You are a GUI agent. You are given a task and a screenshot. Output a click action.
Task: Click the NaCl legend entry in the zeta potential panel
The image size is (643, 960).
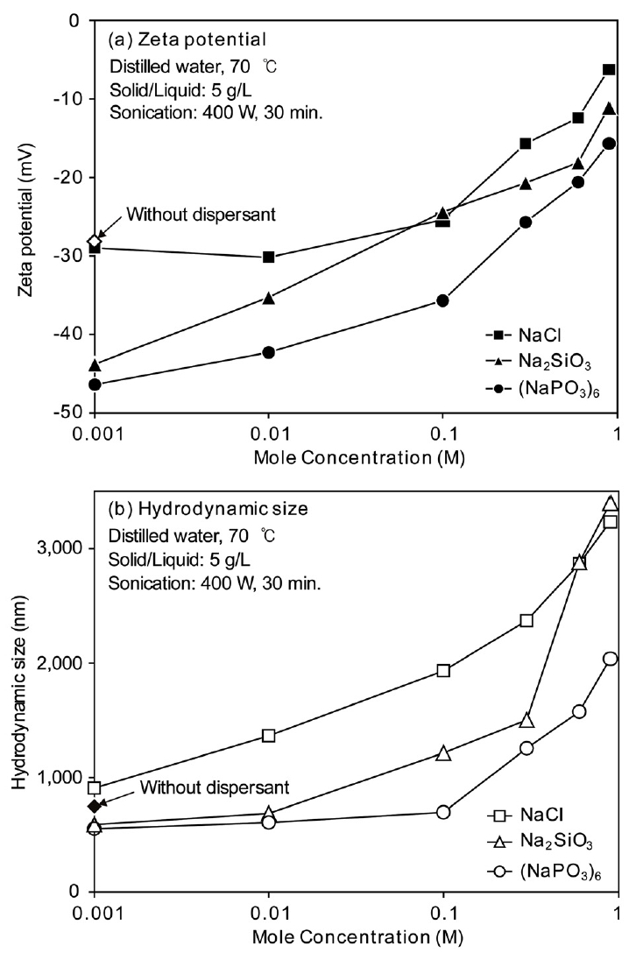click(522, 335)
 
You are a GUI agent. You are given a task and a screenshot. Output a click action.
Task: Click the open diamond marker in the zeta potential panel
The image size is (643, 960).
click(95, 241)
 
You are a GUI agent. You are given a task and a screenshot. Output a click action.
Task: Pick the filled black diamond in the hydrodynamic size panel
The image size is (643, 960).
click(95, 806)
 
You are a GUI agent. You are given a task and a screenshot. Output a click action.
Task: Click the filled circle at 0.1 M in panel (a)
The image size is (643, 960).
click(443, 300)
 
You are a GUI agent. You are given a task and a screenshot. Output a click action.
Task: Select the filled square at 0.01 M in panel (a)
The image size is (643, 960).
click(269, 257)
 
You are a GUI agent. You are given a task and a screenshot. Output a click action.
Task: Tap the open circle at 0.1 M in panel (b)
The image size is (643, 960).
click(443, 812)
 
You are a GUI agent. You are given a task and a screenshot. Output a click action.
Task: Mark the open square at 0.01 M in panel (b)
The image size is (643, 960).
click(269, 736)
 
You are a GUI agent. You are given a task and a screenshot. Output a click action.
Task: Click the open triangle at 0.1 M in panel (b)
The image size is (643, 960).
click(443, 753)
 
